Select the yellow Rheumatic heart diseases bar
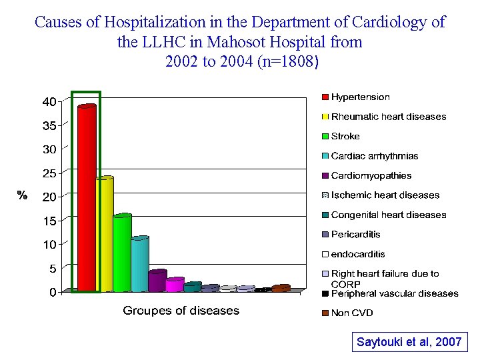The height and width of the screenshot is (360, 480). pos(104,234)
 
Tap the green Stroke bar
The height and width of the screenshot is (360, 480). pos(122,253)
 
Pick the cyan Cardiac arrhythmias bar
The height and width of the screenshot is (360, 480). pos(139,264)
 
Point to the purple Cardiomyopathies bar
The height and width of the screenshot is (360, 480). pos(157,281)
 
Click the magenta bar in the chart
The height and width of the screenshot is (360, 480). pos(174,285)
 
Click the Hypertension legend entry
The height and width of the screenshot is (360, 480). pos(360,97)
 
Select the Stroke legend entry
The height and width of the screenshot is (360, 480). pos(345,136)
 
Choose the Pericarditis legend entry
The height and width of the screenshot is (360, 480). pos(355,235)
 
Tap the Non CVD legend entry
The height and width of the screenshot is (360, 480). pos(352,313)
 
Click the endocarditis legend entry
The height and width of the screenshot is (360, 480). pos(357,254)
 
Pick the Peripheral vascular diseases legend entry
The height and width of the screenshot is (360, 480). pos(394,293)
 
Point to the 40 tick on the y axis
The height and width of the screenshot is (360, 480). pos(49,102)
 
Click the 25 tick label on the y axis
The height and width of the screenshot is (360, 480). pos(49,173)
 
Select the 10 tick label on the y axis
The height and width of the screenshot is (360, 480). pos(49,245)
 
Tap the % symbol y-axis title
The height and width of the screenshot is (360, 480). pos(22,195)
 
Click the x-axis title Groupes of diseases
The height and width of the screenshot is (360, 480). pos(181,311)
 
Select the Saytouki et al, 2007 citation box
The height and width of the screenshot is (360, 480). pos(409,342)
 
